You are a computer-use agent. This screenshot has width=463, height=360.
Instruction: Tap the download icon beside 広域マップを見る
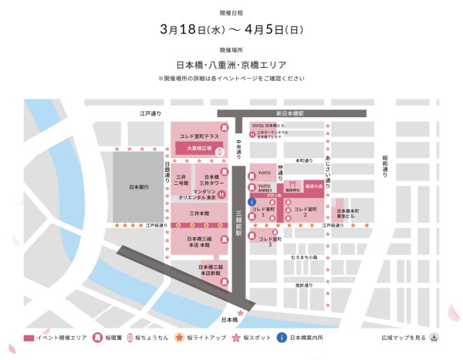434,337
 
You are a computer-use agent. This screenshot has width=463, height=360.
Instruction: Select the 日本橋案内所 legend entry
306,338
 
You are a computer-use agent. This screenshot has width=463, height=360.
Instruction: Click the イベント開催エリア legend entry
54,338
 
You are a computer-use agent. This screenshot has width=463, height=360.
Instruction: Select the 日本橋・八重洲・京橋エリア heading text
231,66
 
